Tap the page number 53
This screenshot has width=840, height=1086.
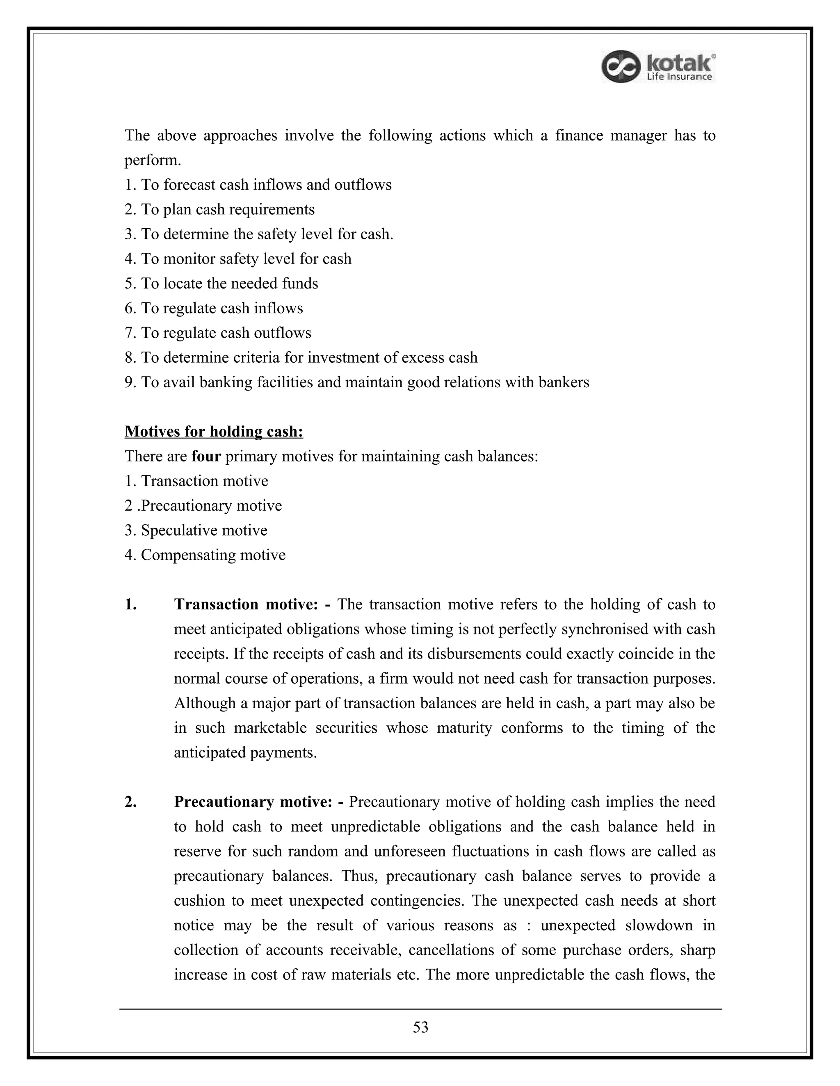pyautogui.click(x=420, y=1027)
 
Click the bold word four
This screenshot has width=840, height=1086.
pyautogui.click(x=206, y=456)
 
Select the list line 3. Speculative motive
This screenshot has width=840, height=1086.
pyautogui.click(x=196, y=530)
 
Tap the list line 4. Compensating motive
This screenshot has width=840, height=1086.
pyautogui.click(x=205, y=554)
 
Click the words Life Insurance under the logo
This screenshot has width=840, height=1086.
pyautogui.click(x=679, y=77)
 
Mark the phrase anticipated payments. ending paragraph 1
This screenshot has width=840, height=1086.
pyautogui.click(x=245, y=752)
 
